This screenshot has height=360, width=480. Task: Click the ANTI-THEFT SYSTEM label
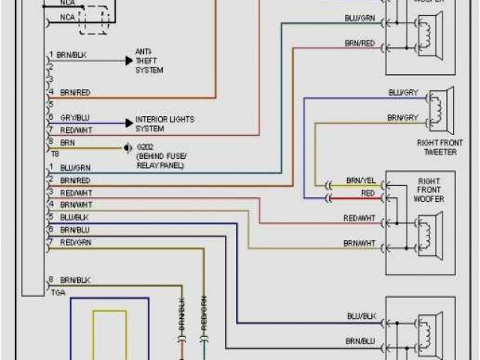tap(148, 61)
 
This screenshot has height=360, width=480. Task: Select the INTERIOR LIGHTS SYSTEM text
tap(163, 123)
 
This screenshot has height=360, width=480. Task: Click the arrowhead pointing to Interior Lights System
tap(128, 122)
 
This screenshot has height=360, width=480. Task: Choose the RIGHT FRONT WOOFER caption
tap(428, 190)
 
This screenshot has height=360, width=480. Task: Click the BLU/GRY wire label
tap(403, 93)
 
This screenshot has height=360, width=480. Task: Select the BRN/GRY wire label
tap(403, 118)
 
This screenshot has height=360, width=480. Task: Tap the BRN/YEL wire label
tap(361, 181)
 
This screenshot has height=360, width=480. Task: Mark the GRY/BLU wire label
tap(75, 118)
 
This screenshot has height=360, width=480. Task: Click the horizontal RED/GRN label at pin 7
tap(76, 241)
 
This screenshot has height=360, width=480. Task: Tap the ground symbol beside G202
tap(128, 148)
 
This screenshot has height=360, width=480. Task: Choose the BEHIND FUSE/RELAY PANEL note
tap(162, 161)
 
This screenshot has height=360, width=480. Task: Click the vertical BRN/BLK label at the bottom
tap(181, 313)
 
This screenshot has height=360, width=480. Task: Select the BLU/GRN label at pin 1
tap(75, 168)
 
